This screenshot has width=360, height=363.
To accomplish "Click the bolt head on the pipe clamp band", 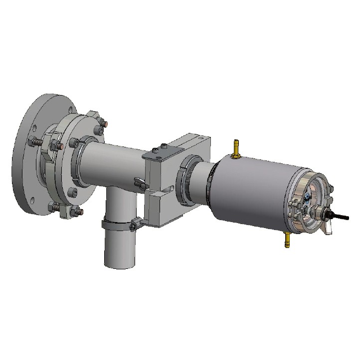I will click(x=133, y=227).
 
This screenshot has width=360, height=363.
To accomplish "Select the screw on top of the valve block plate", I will click(x=164, y=146).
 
